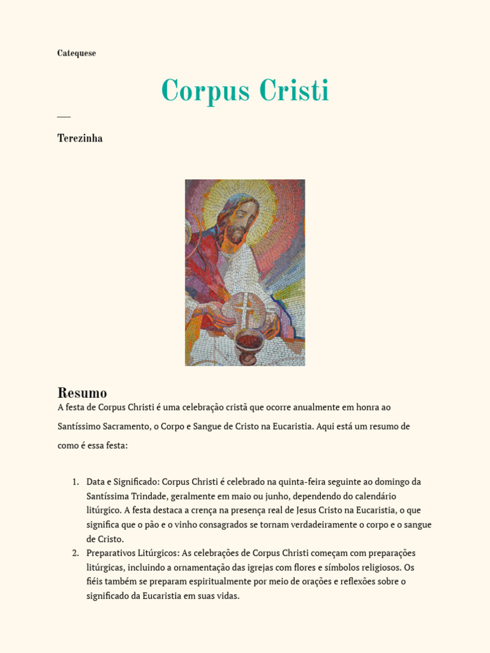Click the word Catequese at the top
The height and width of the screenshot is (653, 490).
point(77,54)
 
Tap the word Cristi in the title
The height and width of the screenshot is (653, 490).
point(294,91)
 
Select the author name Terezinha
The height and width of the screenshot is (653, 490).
point(80,138)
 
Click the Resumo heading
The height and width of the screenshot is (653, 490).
point(82,393)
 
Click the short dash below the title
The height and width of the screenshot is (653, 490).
point(63,117)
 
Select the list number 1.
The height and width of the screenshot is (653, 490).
point(75,481)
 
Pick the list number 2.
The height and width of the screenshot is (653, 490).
point(75,553)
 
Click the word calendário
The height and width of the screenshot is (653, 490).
point(374,496)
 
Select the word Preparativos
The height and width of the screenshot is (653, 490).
point(111,553)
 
